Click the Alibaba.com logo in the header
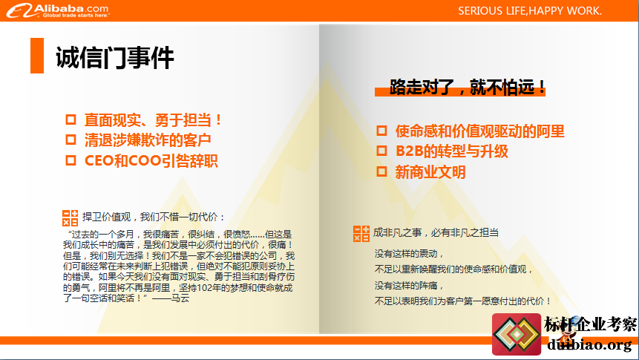coord(58,10)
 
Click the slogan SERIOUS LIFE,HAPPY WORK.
coord(530,11)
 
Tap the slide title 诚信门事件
coord(115,57)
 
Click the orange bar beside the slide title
coord(37,56)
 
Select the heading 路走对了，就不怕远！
coord(467,88)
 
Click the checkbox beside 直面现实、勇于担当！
coord(71,120)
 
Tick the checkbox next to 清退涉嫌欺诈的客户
coord(71,140)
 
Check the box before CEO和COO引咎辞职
coord(71,160)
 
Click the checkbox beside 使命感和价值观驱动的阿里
coord(381,131)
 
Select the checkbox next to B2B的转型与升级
coord(381,151)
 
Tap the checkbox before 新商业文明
coord(381,171)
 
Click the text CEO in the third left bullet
coord(99,160)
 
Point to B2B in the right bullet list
coord(409,151)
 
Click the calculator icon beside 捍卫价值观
coord(70,218)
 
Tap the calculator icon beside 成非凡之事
coord(361,234)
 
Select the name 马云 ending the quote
coord(180,298)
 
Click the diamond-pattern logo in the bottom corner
coord(517,334)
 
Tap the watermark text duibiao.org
coord(589,345)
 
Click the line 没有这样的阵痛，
coord(409,285)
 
